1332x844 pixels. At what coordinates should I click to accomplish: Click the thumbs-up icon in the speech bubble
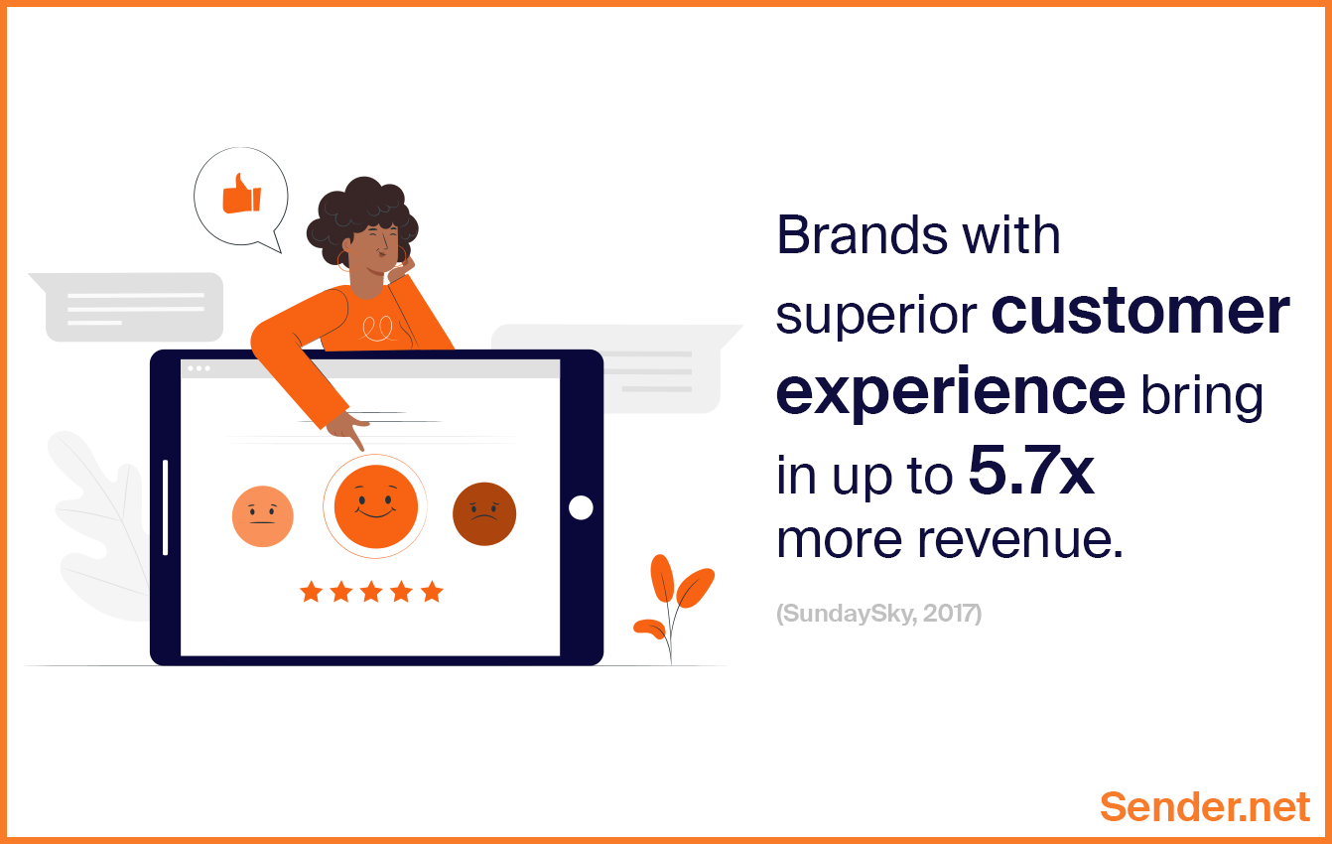click(x=241, y=194)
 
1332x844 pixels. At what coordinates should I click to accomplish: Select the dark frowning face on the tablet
click(x=484, y=514)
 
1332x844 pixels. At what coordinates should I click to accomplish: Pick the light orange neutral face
click(x=263, y=516)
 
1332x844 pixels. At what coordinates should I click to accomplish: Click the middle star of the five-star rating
click(x=371, y=593)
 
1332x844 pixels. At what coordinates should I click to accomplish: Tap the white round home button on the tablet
click(x=581, y=507)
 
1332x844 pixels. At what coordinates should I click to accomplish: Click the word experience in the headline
click(x=950, y=393)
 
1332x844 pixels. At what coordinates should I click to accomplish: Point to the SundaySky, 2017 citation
click(x=878, y=614)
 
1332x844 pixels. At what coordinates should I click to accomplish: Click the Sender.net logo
click(x=1204, y=806)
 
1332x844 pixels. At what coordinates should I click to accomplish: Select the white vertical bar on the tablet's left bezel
click(x=165, y=507)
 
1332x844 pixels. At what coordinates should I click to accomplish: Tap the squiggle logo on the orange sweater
click(x=376, y=329)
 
